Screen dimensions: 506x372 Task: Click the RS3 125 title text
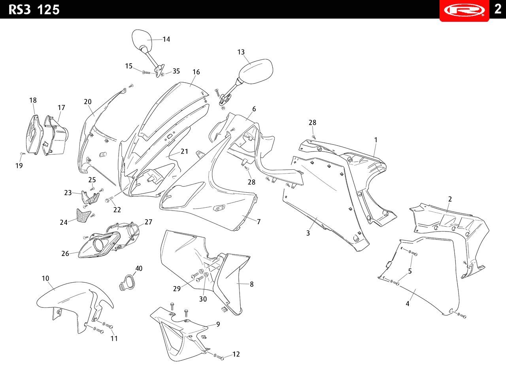click(x=34, y=10)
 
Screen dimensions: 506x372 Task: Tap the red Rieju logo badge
click(x=464, y=11)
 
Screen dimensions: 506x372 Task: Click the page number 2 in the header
click(x=498, y=9)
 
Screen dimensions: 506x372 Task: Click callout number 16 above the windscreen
click(x=196, y=72)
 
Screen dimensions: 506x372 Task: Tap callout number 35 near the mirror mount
click(x=176, y=71)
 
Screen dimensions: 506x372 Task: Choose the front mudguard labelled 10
click(x=75, y=306)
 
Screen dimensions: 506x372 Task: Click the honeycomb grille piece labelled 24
click(x=83, y=216)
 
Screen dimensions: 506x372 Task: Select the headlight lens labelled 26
click(x=99, y=245)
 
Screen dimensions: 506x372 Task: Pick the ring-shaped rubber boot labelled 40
click(x=127, y=283)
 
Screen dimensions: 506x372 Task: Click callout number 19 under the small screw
click(x=19, y=165)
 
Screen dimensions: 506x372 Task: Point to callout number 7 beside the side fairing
click(x=259, y=222)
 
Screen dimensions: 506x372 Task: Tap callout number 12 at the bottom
click(x=236, y=354)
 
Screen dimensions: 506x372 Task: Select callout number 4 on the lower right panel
click(x=408, y=304)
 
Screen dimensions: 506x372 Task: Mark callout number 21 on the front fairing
click(x=184, y=151)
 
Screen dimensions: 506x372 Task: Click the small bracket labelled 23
click(x=90, y=197)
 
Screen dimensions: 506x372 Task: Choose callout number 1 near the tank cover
click(x=376, y=140)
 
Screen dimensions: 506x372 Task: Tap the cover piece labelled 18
click(x=34, y=135)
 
